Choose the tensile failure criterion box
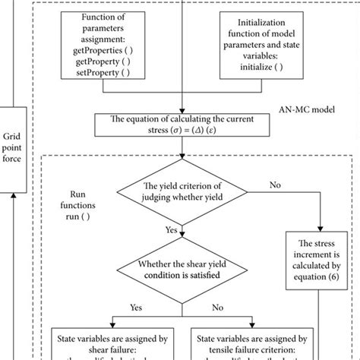point(254,346)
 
